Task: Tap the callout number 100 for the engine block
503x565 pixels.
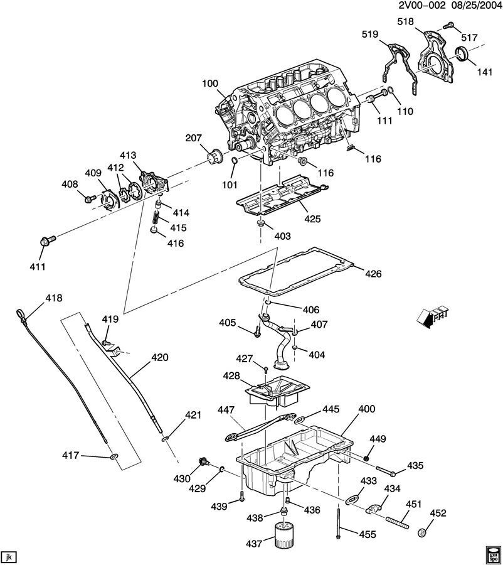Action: [x=211, y=83]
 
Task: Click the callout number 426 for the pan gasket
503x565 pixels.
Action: [x=373, y=274]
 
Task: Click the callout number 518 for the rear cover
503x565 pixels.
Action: [x=407, y=22]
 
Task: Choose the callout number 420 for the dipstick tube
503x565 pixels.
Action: [x=160, y=358]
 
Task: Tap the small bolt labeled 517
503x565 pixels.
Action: [x=449, y=26]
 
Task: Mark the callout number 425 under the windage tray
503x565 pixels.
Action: [x=312, y=219]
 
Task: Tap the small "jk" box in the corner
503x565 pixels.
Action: [x=8, y=557]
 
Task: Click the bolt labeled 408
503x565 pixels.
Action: [x=89, y=199]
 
